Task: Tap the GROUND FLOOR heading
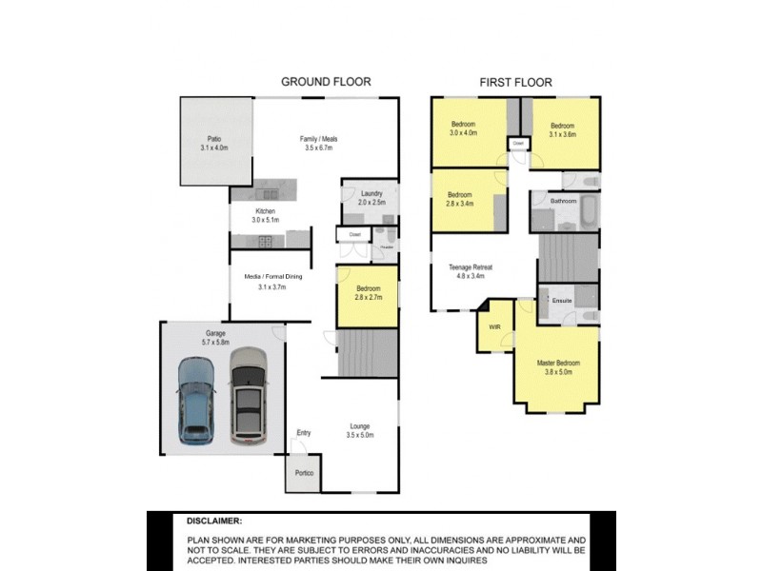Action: coord(326,82)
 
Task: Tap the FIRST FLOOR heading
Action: coord(515,83)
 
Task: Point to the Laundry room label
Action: coord(371,197)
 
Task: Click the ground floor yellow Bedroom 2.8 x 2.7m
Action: coord(369,293)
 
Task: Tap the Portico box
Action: coord(304,473)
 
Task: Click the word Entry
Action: coord(303,433)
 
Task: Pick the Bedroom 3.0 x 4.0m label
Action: coord(464,129)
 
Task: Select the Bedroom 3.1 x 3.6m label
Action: coord(562,130)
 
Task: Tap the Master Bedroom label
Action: coord(559,367)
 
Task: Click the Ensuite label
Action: coord(562,301)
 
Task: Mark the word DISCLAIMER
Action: coord(214,522)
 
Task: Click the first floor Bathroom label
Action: coord(563,201)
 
